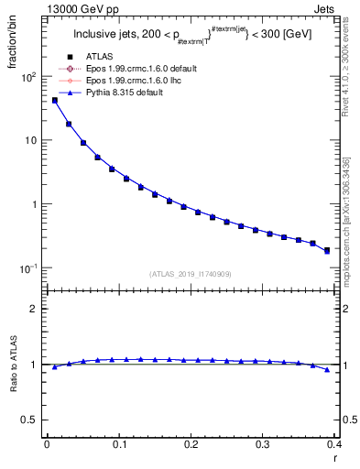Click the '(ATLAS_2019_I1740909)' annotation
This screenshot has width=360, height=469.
[x=191, y=274]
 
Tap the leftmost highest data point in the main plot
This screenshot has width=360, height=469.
[x=54, y=100]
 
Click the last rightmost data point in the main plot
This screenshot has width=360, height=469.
[x=326, y=250]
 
